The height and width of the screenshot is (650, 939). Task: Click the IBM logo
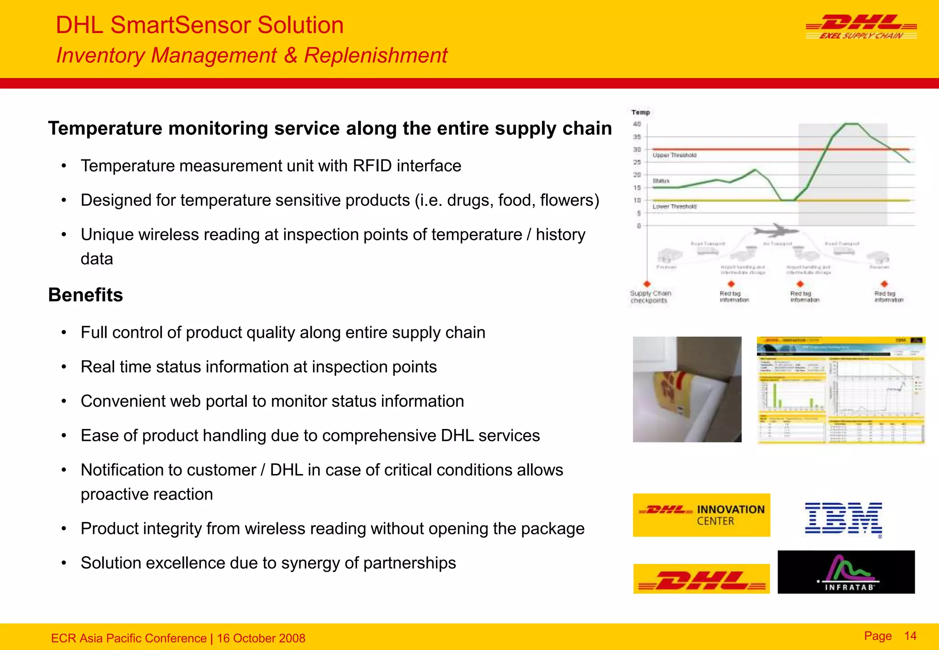[x=843, y=518]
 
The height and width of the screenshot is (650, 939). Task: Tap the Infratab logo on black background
[x=846, y=572]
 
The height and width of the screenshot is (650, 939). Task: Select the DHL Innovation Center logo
[x=701, y=515]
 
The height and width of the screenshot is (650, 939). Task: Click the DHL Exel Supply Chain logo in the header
[x=861, y=27]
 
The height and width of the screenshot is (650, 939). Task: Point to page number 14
[x=910, y=636]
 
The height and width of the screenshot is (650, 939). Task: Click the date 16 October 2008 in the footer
[x=261, y=638]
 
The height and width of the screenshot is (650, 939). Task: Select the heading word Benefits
[x=85, y=295]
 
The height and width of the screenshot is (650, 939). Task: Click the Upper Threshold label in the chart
[x=674, y=155]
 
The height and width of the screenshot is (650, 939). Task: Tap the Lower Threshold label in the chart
[x=674, y=207]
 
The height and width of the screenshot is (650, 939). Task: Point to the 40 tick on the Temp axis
[x=637, y=124]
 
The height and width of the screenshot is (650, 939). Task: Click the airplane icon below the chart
[x=776, y=230]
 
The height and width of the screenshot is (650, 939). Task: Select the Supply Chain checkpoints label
[x=650, y=297]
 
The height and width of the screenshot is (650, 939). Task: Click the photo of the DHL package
[x=687, y=389]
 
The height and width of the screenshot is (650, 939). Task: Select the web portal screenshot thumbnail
[x=840, y=390]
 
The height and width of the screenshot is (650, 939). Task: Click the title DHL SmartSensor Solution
[x=199, y=25]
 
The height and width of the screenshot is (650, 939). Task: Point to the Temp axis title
[x=641, y=112]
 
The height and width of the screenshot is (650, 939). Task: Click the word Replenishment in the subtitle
[x=375, y=55]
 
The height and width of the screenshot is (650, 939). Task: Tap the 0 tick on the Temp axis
[x=639, y=226]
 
